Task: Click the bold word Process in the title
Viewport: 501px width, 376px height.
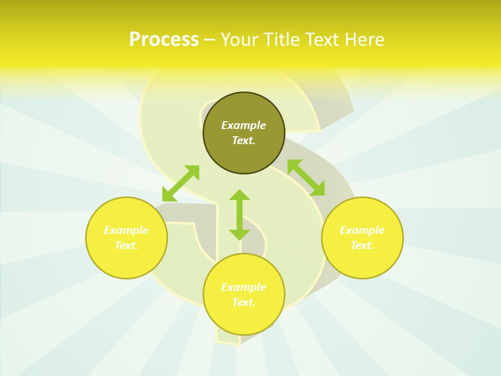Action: coord(164,40)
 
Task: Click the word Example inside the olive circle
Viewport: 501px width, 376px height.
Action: coord(244,125)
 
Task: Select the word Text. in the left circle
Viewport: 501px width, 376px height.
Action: coord(126,245)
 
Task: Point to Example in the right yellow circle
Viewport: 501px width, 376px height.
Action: coord(362,230)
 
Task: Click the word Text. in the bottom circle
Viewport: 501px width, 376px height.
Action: coord(244,302)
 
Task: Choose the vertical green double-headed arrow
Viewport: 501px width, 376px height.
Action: coord(240,215)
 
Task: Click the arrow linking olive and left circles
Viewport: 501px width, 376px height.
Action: coord(181,183)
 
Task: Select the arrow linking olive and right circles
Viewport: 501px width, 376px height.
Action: coord(306,178)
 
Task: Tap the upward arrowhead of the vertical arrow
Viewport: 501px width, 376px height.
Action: coord(240,195)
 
